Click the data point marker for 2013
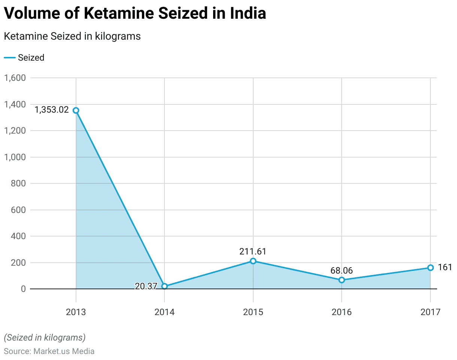pyautogui.click(x=76, y=110)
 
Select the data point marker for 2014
pyautogui.click(x=164, y=286)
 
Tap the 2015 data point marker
pyautogui.click(x=253, y=261)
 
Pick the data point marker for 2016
pyautogui.click(x=342, y=280)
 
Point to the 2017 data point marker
pyautogui.click(x=430, y=268)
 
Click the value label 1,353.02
pyautogui.click(x=52, y=110)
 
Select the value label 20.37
pyautogui.click(x=146, y=286)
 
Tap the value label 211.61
pyautogui.click(x=253, y=251)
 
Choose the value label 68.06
pyautogui.click(x=342, y=271)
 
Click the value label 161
pyautogui.click(x=445, y=268)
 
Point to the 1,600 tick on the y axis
pyautogui.click(x=15, y=78)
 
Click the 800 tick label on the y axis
pyautogui.click(x=18, y=184)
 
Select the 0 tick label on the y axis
pyautogui.click(x=23, y=289)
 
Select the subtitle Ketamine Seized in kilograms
pyautogui.click(x=72, y=36)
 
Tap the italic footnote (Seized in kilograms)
pyautogui.click(x=45, y=338)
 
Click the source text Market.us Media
pyautogui.click(x=64, y=351)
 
